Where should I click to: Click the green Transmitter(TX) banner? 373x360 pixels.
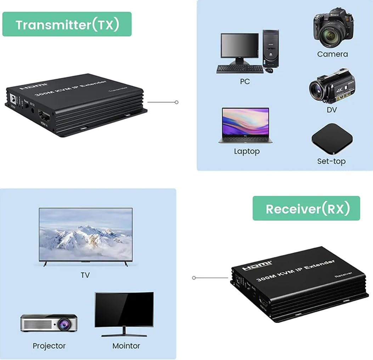pos(67,24)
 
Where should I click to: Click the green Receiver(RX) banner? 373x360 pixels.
pos(306,209)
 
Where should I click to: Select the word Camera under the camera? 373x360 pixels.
pos(332,54)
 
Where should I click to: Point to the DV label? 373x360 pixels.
pos(332,110)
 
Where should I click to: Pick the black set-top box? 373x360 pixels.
pos(332,139)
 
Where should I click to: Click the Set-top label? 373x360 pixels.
pos(331,161)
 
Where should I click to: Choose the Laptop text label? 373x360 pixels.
pos(247,151)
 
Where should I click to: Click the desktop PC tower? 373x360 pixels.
pos(271,48)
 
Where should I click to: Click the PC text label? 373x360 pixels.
pos(244,81)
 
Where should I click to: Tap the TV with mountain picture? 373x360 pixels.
pos(85,234)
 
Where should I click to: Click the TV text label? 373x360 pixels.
pos(85,275)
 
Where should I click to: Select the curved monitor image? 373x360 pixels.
pos(124,312)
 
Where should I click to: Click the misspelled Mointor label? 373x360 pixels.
pos(126,345)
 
